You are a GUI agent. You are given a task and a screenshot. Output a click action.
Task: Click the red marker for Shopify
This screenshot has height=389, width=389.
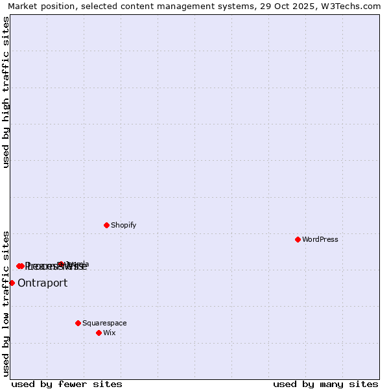[107, 225]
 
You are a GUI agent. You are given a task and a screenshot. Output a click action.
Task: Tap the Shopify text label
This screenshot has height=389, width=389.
[124, 226]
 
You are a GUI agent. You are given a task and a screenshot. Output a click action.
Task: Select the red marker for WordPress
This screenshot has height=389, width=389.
[298, 239]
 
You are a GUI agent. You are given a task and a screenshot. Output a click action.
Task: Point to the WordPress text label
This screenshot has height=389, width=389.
[320, 240]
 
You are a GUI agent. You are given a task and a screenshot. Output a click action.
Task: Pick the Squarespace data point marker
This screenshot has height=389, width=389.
[78, 323]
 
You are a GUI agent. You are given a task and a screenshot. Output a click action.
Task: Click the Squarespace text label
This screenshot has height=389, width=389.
[104, 324]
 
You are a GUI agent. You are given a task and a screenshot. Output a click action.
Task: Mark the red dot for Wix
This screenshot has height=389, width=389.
[99, 333]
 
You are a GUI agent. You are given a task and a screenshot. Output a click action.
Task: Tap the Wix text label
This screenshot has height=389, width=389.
[110, 333]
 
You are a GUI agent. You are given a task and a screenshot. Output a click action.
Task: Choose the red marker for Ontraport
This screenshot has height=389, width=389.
[12, 283]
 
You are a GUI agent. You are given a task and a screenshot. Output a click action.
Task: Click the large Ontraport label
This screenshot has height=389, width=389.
[42, 283]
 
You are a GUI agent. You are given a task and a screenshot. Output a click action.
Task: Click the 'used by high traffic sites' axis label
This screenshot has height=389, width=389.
[6, 92]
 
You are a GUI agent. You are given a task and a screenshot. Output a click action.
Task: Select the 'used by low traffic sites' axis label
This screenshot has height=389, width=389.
[6, 303]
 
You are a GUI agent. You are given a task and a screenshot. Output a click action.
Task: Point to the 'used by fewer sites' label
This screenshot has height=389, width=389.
[67, 384]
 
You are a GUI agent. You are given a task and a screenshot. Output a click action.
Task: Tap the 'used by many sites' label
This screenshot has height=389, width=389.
[325, 384]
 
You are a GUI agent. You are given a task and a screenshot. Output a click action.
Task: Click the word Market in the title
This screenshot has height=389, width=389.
[22, 6]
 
